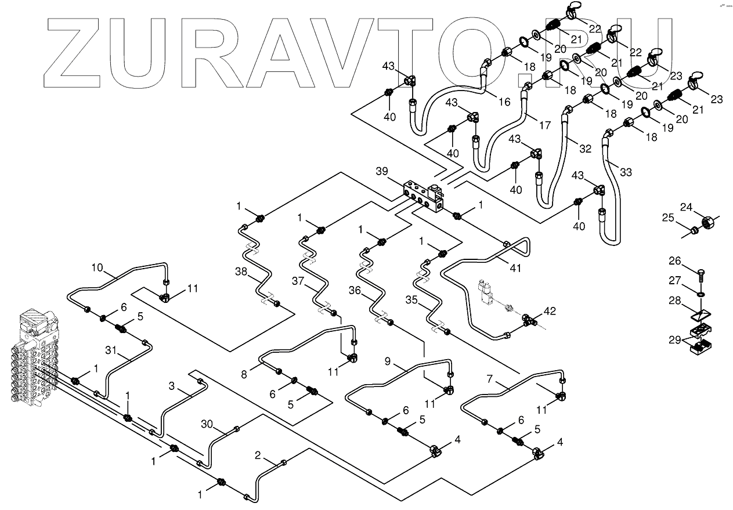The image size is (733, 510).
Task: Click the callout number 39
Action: pos(381,171)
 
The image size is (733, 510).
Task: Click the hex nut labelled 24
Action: pos(709,221)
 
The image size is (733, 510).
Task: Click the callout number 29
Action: pos(674,341)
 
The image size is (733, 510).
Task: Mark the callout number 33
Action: pos(626,172)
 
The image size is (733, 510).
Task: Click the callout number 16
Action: pos(504,102)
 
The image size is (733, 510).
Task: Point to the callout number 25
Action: pos(668,218)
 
